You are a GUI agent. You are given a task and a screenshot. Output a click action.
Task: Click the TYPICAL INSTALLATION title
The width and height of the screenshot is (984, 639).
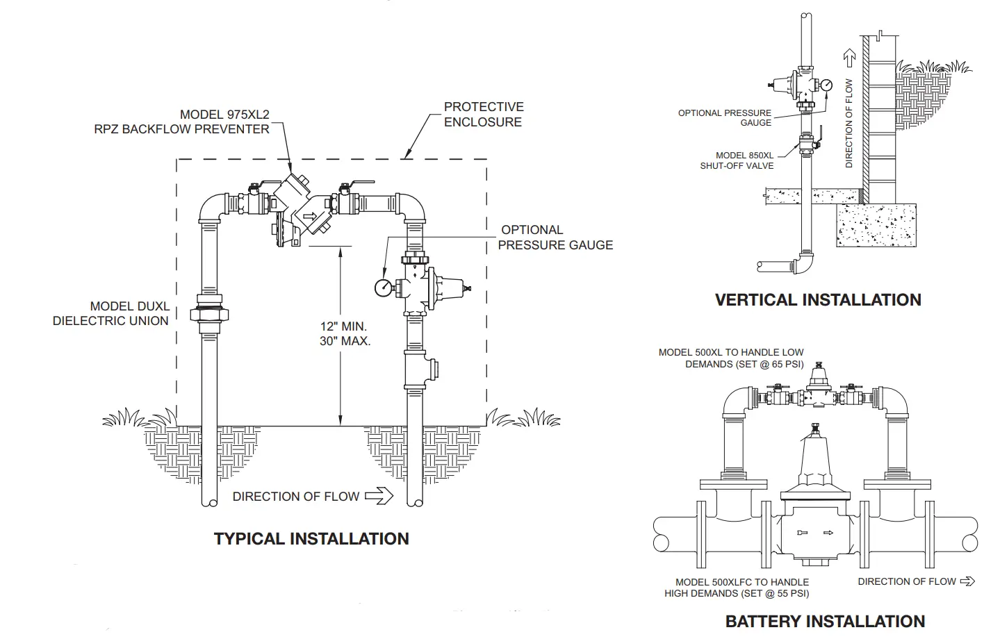[x=311, y=539]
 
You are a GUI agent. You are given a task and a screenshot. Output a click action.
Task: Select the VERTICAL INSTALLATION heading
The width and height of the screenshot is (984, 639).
[x=818, y=300]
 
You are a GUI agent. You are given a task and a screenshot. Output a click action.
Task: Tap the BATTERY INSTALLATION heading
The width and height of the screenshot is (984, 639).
[x=825, y=621]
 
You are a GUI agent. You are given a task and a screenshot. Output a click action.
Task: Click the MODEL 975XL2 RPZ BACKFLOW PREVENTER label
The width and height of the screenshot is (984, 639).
[x=182, y=122]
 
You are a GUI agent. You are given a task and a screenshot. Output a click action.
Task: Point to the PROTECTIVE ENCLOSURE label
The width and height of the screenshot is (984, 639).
[x=483, y=114]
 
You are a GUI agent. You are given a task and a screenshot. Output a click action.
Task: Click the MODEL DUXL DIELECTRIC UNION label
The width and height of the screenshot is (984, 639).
[x=110, y=313]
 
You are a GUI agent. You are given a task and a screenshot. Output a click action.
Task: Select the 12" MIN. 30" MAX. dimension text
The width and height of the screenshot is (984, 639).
[x=345, y=333]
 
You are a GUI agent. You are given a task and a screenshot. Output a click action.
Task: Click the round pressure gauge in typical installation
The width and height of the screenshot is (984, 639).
[x=383, y=287]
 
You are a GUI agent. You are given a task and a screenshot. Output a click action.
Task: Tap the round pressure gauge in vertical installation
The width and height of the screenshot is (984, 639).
[x=826, y=85]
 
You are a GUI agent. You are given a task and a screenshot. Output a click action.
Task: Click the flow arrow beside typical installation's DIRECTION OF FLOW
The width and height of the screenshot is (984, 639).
[x=379, y=496]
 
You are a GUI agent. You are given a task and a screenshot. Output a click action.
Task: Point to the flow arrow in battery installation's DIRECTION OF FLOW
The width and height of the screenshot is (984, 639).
[x=967, y=581]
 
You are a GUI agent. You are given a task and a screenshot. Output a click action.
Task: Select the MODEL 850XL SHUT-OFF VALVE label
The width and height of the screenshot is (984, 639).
[x=737, y=160]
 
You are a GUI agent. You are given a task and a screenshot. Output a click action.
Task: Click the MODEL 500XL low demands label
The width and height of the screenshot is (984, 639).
[x=731, y=358]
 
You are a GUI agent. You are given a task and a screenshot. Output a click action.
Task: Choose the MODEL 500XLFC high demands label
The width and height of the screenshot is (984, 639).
[x=737, y=588]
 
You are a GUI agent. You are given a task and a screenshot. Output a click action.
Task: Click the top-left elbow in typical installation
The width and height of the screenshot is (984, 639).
[x=210, y=206]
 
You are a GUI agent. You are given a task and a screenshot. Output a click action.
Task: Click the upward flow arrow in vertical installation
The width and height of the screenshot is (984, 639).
[x=848, y=57]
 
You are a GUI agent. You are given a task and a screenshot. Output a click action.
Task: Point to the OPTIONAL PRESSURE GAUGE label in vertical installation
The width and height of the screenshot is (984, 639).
[x=725, y=117]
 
